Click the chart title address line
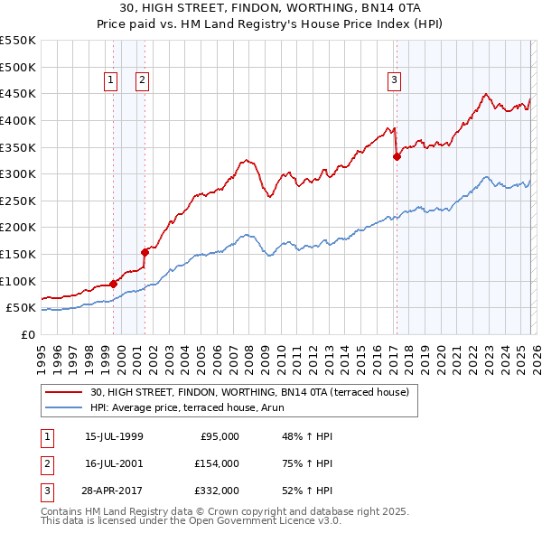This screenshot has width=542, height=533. coord(270,8)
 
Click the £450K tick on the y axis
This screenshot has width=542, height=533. coord(18,94)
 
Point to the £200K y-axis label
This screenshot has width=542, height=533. coord(18,228)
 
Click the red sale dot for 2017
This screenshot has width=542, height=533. coord(397,156)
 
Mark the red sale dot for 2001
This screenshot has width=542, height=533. coord(145,252)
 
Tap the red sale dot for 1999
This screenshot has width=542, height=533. coord(113,284)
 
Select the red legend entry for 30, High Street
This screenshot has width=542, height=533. coord(249,392)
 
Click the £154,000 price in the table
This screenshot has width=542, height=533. coord(218,463)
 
